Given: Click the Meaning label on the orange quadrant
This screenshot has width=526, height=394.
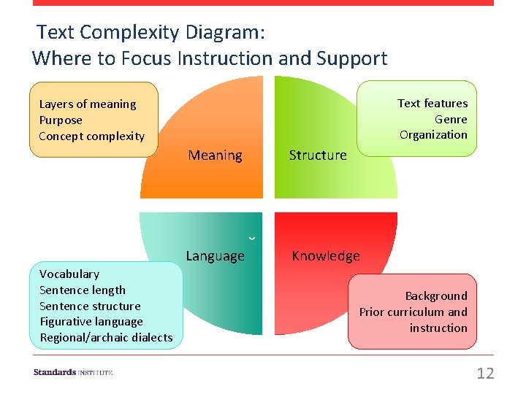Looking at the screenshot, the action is (215, 155).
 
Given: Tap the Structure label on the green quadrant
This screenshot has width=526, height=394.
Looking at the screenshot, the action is (318, 155).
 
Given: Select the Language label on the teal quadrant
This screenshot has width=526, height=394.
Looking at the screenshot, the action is (215, 256).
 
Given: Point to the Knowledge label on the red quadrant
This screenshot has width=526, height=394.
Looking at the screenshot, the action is (326, 256).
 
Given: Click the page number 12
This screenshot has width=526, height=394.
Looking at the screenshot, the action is (485, 374).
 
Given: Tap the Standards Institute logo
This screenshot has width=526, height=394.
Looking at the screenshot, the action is (73, 373).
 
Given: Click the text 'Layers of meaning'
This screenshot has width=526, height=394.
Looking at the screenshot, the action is (88, 104).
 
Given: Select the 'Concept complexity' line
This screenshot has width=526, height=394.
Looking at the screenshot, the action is (92, 136).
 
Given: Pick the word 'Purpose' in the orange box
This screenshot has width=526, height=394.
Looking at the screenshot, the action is (61, 120).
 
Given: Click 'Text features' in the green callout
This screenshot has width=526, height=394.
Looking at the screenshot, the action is (432, 104).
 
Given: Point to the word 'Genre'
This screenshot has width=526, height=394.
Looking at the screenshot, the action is (451, 120).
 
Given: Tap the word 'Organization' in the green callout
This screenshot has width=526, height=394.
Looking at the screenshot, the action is (433, 135).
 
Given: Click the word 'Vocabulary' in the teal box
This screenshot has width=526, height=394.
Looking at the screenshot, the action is (69, 274).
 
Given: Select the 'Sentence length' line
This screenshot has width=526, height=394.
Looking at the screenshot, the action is (83, 290).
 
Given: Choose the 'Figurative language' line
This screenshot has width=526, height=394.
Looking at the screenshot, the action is (91, 322).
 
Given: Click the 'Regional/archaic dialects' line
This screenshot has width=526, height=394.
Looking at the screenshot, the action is (106, 338).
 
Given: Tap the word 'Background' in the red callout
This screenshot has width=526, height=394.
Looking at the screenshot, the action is (436, 296).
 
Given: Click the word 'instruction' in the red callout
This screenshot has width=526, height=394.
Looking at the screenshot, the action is (438, 328).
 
